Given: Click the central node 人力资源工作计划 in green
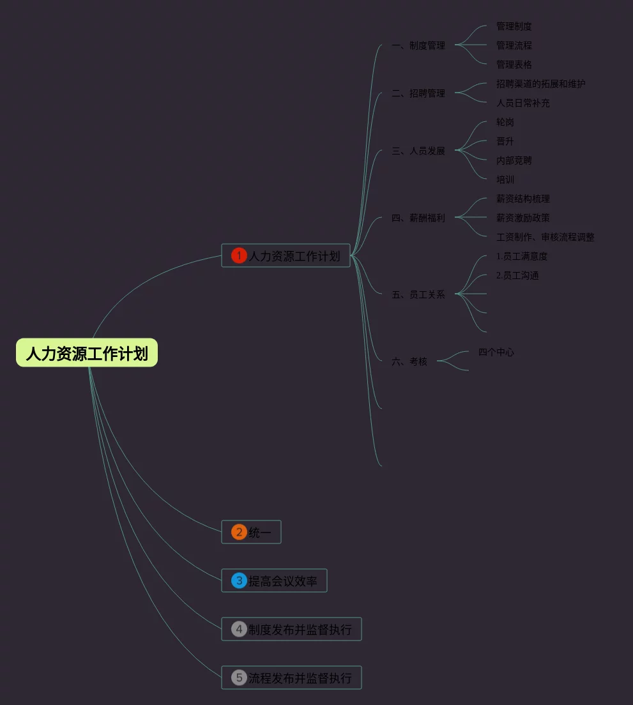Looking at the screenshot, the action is point(87,353).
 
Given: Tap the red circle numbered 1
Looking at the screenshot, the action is point(239,256).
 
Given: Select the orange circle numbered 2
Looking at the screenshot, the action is point(239,532).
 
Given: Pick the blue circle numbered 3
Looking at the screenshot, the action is point(239,580).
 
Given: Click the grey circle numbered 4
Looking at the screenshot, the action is point(239,629).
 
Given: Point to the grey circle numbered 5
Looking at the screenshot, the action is point(239,678).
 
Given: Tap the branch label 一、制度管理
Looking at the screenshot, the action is point(418,45).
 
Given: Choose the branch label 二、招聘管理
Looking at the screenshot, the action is point(418,93).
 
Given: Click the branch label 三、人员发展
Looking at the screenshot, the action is point(418,151).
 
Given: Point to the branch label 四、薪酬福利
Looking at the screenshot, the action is point(418,218).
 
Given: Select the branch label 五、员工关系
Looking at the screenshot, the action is point(418,294).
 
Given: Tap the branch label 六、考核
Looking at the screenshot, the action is point(409,361).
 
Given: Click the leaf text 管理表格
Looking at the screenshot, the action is point(514,64).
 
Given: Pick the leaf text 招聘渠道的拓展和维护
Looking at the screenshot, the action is point(541,84).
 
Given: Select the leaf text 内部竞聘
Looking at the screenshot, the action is point(514,160).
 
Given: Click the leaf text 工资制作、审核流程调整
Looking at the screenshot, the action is point(545,237).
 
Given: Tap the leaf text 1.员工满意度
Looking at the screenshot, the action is point(522,256).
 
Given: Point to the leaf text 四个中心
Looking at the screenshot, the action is point(496,352).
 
